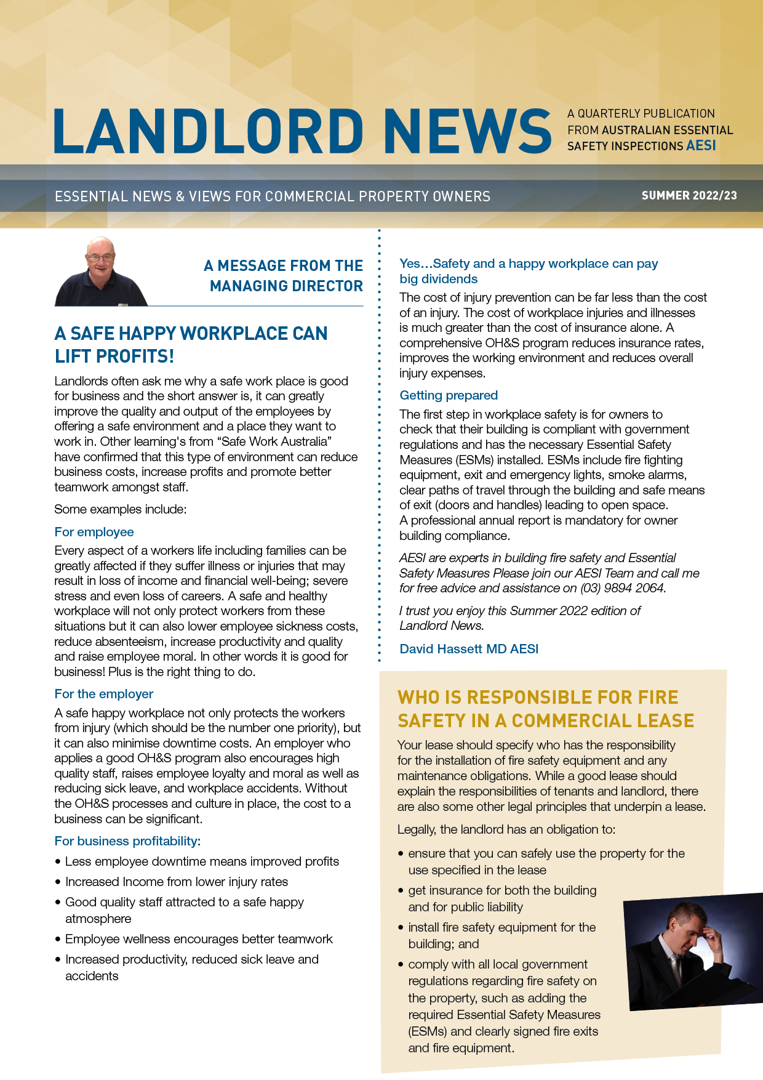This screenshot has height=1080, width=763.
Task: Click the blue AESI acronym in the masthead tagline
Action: click(701, 146)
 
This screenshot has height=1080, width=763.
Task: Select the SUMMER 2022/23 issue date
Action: click(689, 196)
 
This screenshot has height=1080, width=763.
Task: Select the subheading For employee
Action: click(94, 532)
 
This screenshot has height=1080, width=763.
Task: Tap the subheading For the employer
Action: click(104, 694)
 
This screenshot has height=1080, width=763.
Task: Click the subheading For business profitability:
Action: click(127, 841)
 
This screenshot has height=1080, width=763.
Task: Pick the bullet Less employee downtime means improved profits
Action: click(202, 861)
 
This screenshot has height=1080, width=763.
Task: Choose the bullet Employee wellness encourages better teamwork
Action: click(199, 939)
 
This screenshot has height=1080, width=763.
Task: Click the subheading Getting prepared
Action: click(449, 395)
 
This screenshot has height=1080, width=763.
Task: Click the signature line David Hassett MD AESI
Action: click(469, 649)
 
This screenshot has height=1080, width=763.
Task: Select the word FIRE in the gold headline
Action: click(658, 698)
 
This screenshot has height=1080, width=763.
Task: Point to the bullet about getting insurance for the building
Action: click(502, 898)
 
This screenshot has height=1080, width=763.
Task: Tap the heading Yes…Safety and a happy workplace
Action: click(528, 271)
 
